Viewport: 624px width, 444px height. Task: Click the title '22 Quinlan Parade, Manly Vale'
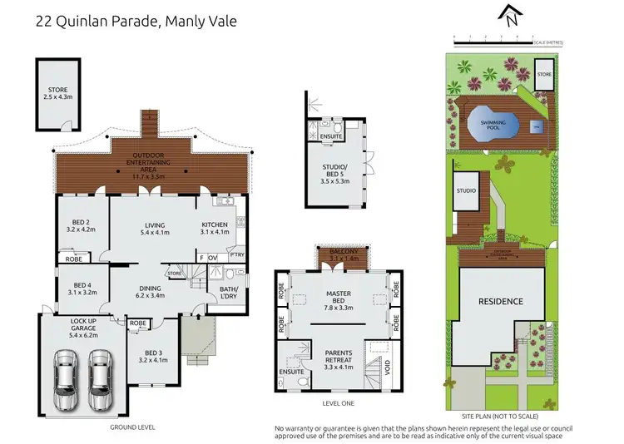pos(136,20)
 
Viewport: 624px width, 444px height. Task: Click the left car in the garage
pos(66,378)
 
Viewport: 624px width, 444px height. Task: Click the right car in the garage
pos(100,378)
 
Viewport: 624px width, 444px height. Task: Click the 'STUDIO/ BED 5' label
pos(338,171)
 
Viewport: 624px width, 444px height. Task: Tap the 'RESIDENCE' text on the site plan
pos(500,301)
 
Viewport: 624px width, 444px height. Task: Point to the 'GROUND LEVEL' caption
pos(132,427)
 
